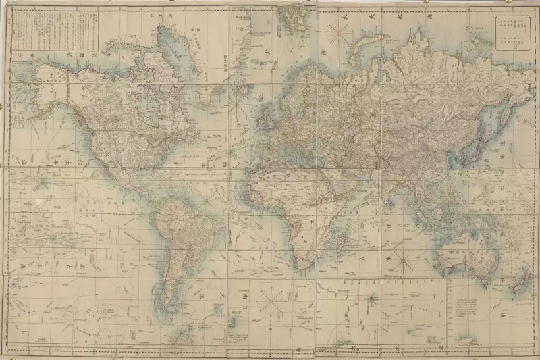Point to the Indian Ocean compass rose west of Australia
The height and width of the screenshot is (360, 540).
(x=404, y=260)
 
